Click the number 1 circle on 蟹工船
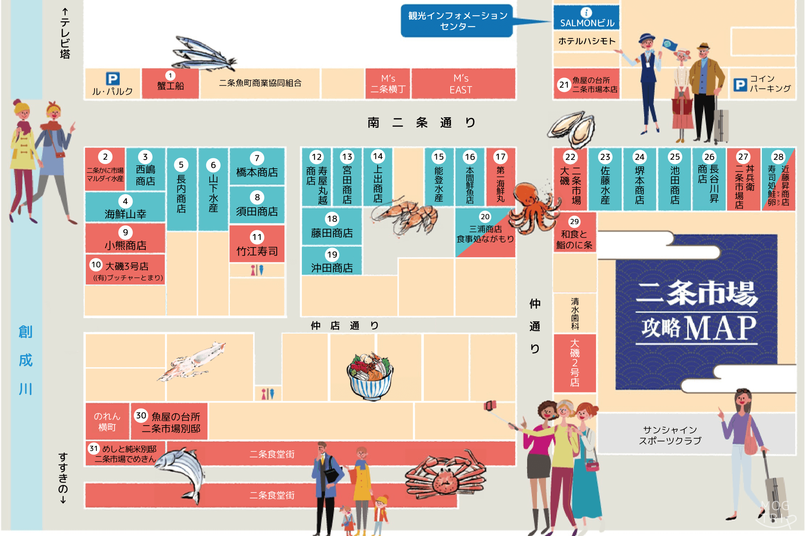coord(170,76)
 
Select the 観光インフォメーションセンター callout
coord(457,21)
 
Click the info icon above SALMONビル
coord(586,13)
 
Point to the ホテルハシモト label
coord(587,41)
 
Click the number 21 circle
coord(564,85)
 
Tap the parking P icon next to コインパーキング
coord(740,85)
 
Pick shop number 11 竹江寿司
coord(257,244)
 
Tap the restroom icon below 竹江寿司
coord(257,270)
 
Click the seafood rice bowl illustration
coord(370,376)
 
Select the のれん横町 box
coord(107,422)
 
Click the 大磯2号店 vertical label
coord(575,363)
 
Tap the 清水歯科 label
coord(575,313)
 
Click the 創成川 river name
coord(26,360)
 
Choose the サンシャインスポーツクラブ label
coord(670,435)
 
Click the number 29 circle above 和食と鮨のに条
coord(574,221)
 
